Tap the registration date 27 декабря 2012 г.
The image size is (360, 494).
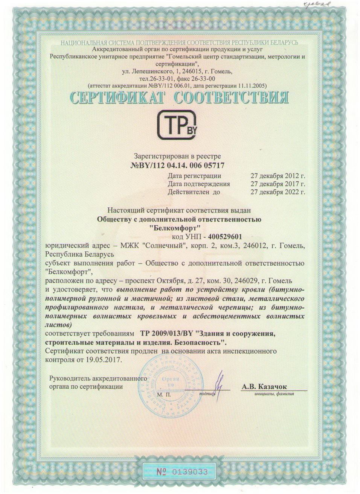click(278, 176)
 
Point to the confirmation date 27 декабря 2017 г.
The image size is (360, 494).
click(278, 184)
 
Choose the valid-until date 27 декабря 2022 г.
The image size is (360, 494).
click(278, 192)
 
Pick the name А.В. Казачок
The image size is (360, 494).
click(264, 386)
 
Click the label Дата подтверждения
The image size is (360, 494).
click(199, 184)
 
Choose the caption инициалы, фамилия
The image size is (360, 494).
click(274, 394)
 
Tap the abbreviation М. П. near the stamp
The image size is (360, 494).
click(164, 395)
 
